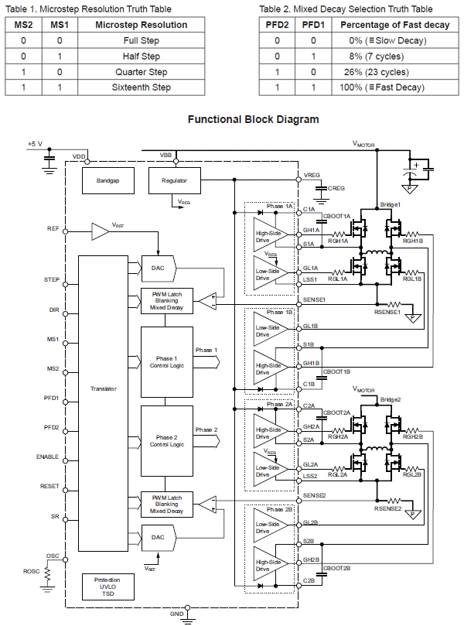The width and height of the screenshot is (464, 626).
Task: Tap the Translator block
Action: pos(102,388)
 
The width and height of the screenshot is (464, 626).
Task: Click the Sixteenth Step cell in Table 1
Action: pos(142,87)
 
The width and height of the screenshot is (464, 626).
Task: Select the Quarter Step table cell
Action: pos(142,72)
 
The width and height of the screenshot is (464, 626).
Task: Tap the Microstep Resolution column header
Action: pos(142,26)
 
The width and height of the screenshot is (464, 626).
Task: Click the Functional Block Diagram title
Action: pos(253,120)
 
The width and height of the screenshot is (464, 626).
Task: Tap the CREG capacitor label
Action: pos(336,188)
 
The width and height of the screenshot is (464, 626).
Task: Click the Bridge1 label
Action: pos(391,204)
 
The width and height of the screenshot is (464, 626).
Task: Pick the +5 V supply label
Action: pos(36,144)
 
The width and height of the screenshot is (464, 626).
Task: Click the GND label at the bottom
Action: pos(176,615)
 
